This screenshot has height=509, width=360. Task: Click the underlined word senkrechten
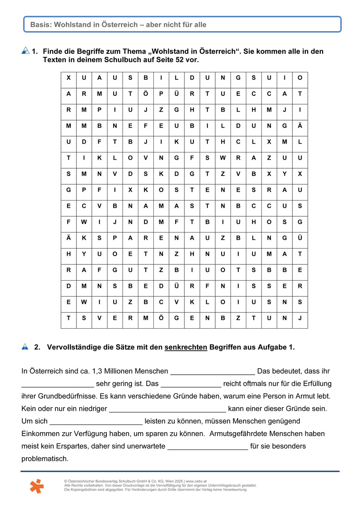tap(186, 347)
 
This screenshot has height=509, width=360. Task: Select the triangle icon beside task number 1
tap(25, 51)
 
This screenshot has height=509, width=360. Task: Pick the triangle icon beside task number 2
tap(25, 346)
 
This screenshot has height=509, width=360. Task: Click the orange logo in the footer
tap(36, 486)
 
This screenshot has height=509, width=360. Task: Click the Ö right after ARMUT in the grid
tap(146, 94)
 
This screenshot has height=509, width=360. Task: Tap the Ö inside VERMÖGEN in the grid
tap(161, 318)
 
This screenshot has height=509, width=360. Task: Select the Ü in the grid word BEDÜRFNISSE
tap(176, 286)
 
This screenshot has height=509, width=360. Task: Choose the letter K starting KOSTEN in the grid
tap(146, 190)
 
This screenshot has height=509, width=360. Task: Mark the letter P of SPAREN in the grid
tap(115, 238)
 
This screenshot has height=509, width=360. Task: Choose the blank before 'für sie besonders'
tap(208, 447)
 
